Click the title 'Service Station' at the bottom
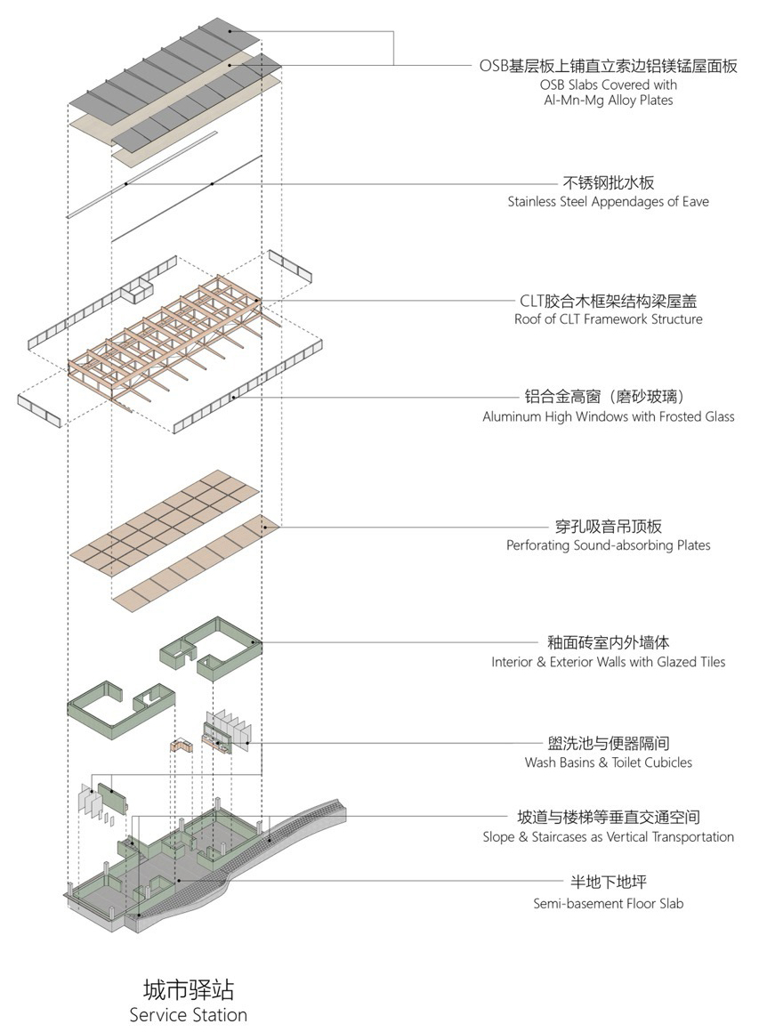coord(189,1014)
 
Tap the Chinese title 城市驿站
coord(189,989)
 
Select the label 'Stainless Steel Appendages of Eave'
coord(609,202)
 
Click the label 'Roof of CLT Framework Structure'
coord(609,319)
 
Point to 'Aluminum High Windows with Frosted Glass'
coord(609,416)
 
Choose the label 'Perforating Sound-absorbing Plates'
coord(609,545)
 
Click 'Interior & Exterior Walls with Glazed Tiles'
coord(609,662)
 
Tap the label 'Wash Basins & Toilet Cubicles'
coord(609,762)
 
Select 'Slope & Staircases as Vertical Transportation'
coord(609,837)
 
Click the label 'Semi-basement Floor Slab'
coord(609,904)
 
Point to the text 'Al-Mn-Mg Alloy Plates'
coord(609,101)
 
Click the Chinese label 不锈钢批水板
coord(609,182)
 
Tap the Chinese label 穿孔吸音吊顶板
coord(609,527)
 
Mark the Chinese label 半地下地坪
coord(609,883)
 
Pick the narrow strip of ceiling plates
coord(197,563)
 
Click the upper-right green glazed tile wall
coord(211,649)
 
